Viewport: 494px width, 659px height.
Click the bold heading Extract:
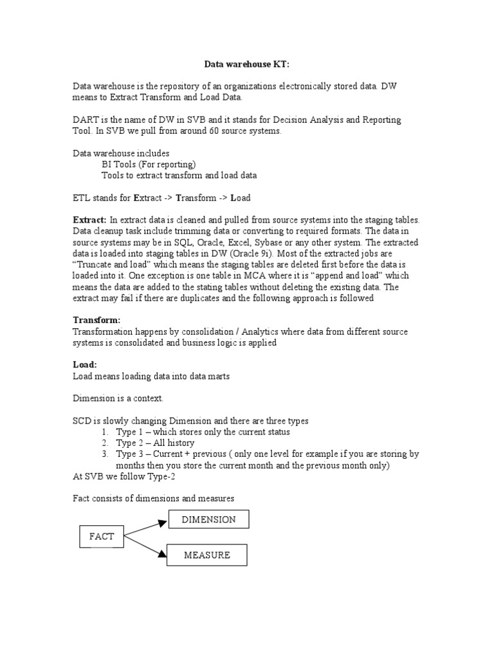[x=89, y=219]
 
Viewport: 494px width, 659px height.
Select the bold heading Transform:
[x=96, y=320]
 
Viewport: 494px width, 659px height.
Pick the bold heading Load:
[x=84, y=364]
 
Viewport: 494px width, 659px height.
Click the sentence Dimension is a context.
[x=118, y=398]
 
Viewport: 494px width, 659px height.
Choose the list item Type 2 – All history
[x=155, y=443]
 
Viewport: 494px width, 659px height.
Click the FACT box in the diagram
[x=101, y=537]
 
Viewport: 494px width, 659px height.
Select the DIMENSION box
[x=208, y=519]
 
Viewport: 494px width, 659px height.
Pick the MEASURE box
[x=206, y=555]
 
